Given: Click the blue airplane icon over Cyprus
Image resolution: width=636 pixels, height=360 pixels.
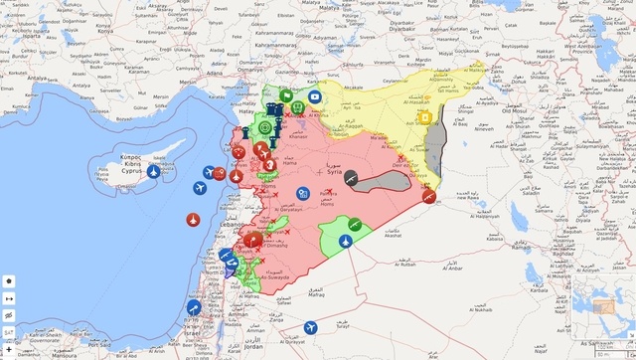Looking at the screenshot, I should click(154, 171).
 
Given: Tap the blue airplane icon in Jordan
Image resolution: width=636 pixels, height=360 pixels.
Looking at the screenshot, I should click(311, 327).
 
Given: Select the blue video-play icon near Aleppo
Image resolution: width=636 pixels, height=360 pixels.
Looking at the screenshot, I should click(314, 96).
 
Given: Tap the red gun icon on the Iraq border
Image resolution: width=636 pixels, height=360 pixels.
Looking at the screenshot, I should click(427, 198).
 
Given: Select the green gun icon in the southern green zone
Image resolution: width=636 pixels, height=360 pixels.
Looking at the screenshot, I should click(355, 223).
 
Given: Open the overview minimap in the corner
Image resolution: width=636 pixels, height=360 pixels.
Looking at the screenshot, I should click(601, 309).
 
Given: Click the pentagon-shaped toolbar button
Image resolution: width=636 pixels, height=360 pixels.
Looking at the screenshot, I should click(8, 314).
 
